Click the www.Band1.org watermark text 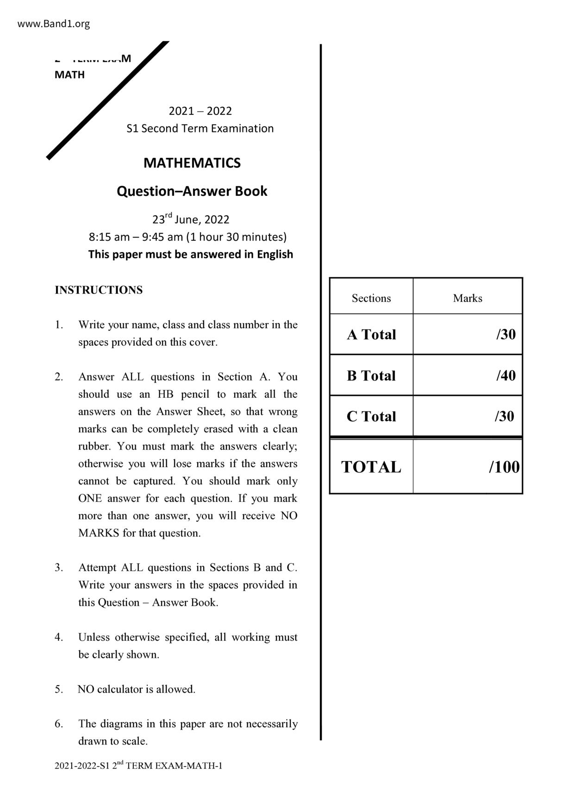[x=54, y=24]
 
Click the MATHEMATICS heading [x=192, y=163]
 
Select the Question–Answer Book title [x=192, y=191]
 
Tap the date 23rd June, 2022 [x=191, y=219]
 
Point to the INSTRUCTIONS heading [x=99, y=290]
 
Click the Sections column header [x=371, y=298]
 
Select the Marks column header [x=468, y=298]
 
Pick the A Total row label [x=371, y=335]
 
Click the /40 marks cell [x=505, y=375]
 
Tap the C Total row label [x=371, y=417]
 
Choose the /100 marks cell [x=504, y=467]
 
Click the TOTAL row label [x=371, y=467]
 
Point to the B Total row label [x=371, y=375]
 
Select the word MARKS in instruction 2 [x=99, y=533]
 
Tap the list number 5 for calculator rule [x=58, y=689]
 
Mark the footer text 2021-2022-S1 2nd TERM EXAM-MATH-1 [x=138, y=766]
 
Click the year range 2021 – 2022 [x=200, y=111]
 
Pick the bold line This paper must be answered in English [x=191, y=255]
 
